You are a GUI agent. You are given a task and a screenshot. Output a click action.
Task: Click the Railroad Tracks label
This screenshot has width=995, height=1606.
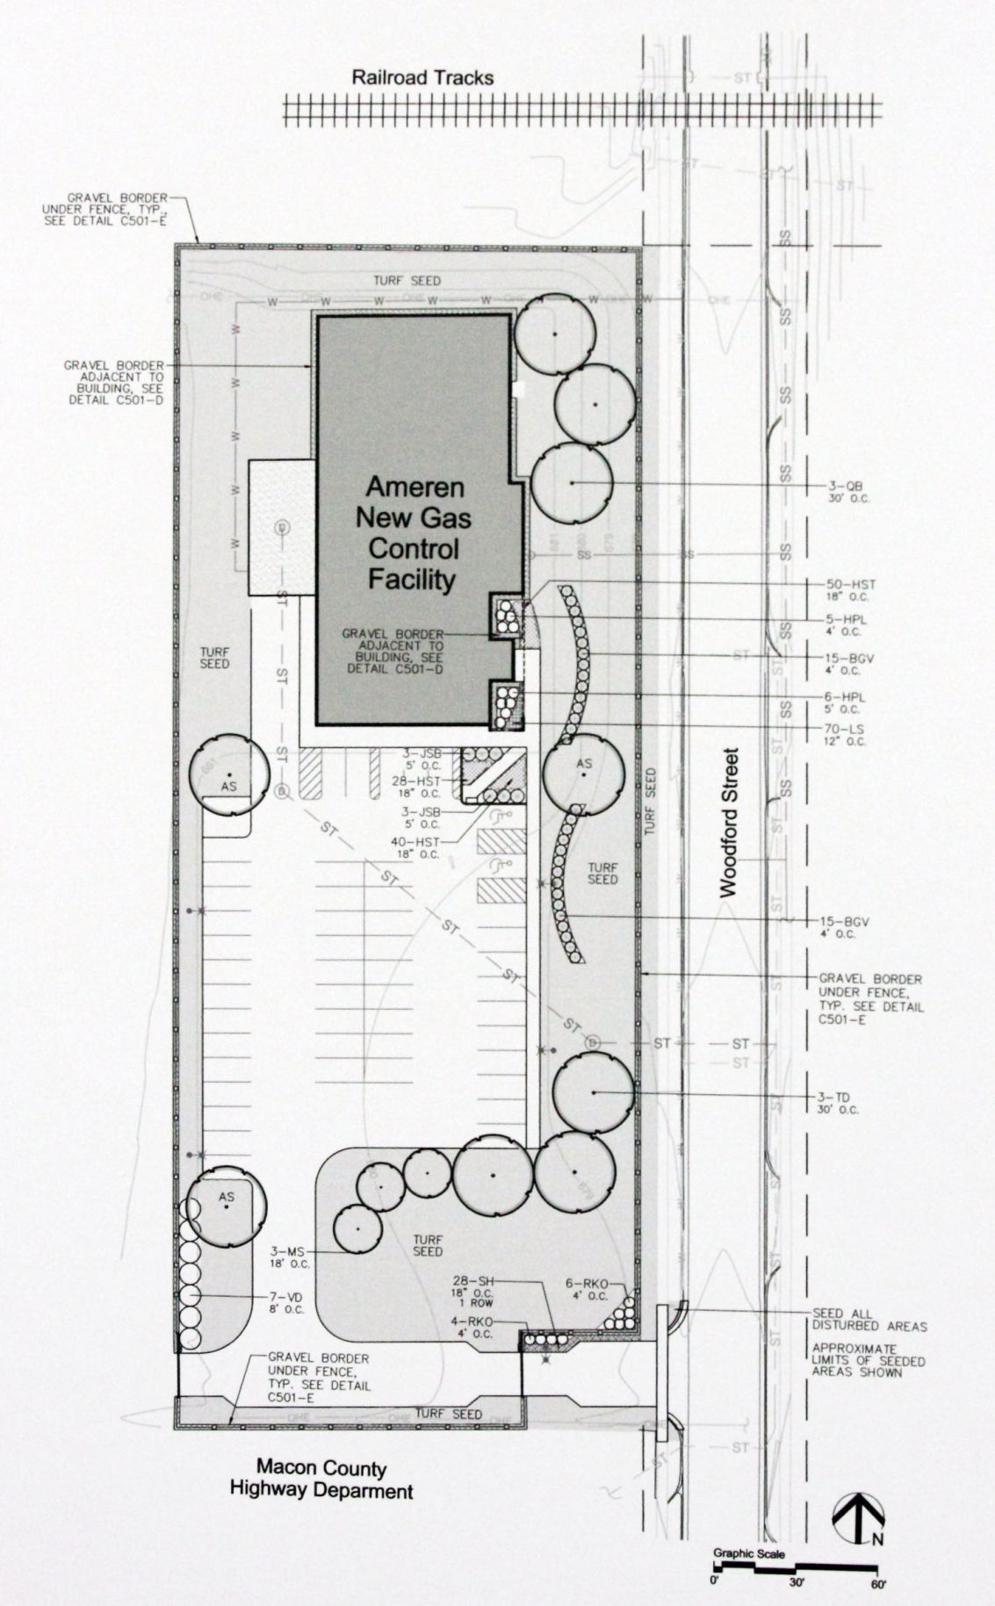422,77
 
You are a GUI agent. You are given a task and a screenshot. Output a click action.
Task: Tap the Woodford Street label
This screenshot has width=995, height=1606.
730,822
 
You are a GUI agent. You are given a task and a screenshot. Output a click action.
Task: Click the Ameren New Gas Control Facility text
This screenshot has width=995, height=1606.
413,532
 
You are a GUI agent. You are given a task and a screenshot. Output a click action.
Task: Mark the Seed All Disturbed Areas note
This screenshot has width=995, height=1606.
869,1326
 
